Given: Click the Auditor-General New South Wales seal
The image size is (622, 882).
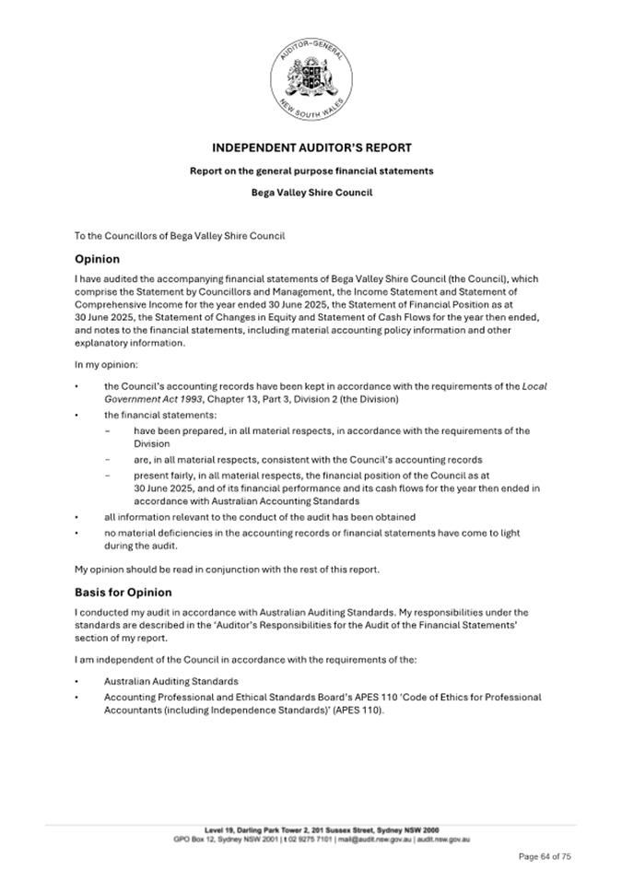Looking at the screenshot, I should click(x=311, y=82).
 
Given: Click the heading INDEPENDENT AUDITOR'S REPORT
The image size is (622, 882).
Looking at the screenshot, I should click(x=311, y=147).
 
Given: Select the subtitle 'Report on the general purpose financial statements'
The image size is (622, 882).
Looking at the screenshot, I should click(x=311, y=171).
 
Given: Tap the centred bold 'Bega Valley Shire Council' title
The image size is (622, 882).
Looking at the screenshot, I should click(x=311, y=194).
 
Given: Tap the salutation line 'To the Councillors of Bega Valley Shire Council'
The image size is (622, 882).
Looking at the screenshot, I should click(x=180, y=236).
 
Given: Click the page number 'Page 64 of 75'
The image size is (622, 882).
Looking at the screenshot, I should click(x=545, y=856).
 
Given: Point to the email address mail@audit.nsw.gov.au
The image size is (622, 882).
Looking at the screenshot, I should click(x=385, y=839).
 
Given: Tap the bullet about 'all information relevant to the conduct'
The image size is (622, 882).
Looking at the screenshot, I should click(x=259, y=517).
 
